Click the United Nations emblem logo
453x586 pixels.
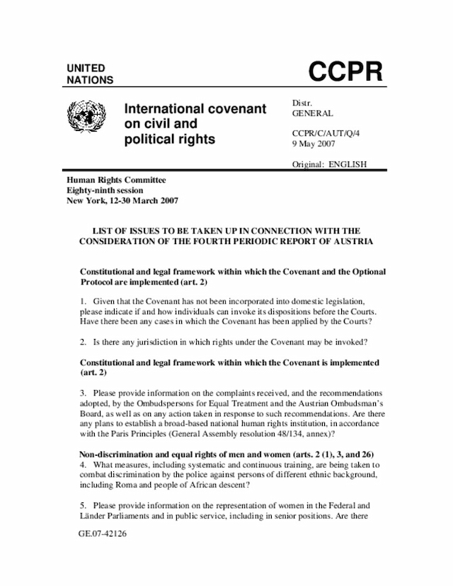[x=86, y=115]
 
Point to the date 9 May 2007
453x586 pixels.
[x=314, y=143]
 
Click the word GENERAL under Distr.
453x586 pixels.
[x=312, y=113]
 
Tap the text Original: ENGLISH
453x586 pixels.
[x=329, y=164]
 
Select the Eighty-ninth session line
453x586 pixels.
[x=105, y=190]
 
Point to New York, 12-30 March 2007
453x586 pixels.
[x=122, y=200]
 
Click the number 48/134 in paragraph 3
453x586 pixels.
[x=295, y=433]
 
